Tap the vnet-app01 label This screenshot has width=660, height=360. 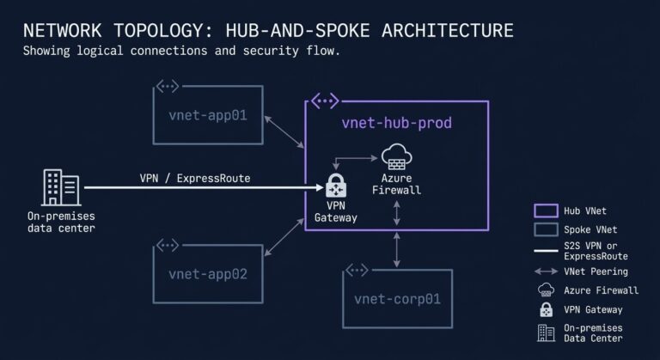(x=208, y=113)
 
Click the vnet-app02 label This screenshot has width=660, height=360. (x=208, y=275)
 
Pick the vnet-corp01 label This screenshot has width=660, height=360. (x=397, y=299)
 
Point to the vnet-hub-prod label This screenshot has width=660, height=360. (x=396, y=123)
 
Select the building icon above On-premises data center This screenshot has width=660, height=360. (x=60, y=187)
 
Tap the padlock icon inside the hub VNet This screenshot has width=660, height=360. (x=334, y=186)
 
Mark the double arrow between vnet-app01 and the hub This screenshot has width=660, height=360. (x=284, y=129)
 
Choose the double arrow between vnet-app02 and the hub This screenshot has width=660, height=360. (x=283, y=243)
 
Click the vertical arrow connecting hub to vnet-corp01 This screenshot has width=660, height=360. (x=396, y=248)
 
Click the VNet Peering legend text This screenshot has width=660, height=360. (x=599, y=271)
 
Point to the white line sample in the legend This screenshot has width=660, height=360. (x=546, y=251)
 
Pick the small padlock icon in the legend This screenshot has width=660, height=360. (x=546, y=309)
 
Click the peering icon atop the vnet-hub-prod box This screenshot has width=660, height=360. (x=324, y=101)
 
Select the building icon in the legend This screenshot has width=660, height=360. (x=546, y=333)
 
